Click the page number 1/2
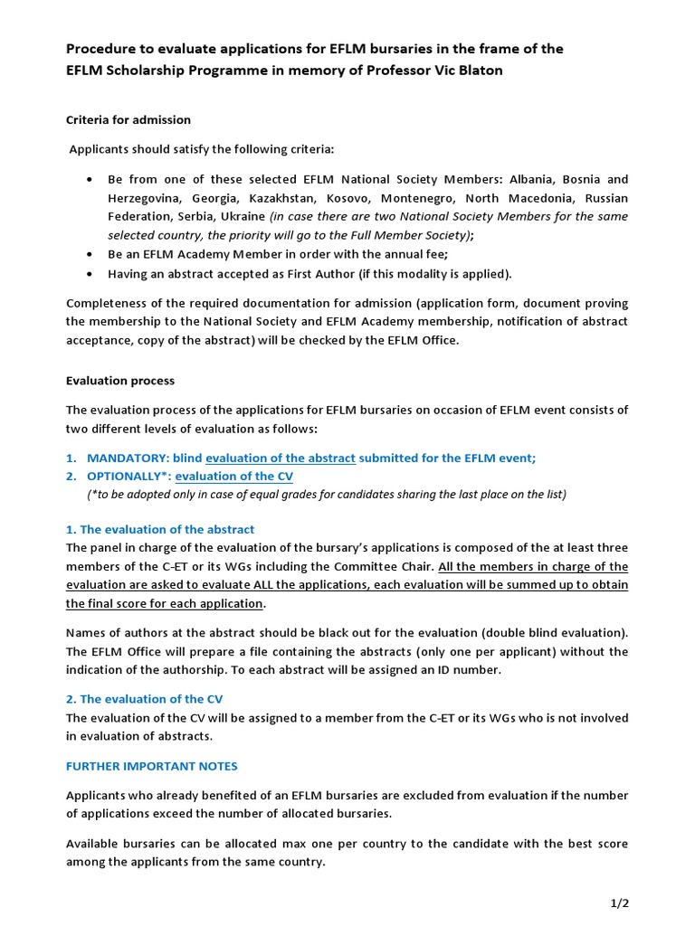point(617,903)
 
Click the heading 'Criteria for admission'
point(129,119)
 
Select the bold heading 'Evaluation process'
point(120,381)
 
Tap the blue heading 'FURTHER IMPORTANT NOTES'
point(152,766)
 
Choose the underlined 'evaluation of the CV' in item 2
point(233,477)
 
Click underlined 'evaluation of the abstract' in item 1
point(281,458)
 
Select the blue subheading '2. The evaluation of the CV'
point(145,699)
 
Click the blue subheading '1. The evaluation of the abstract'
point(160,529)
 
